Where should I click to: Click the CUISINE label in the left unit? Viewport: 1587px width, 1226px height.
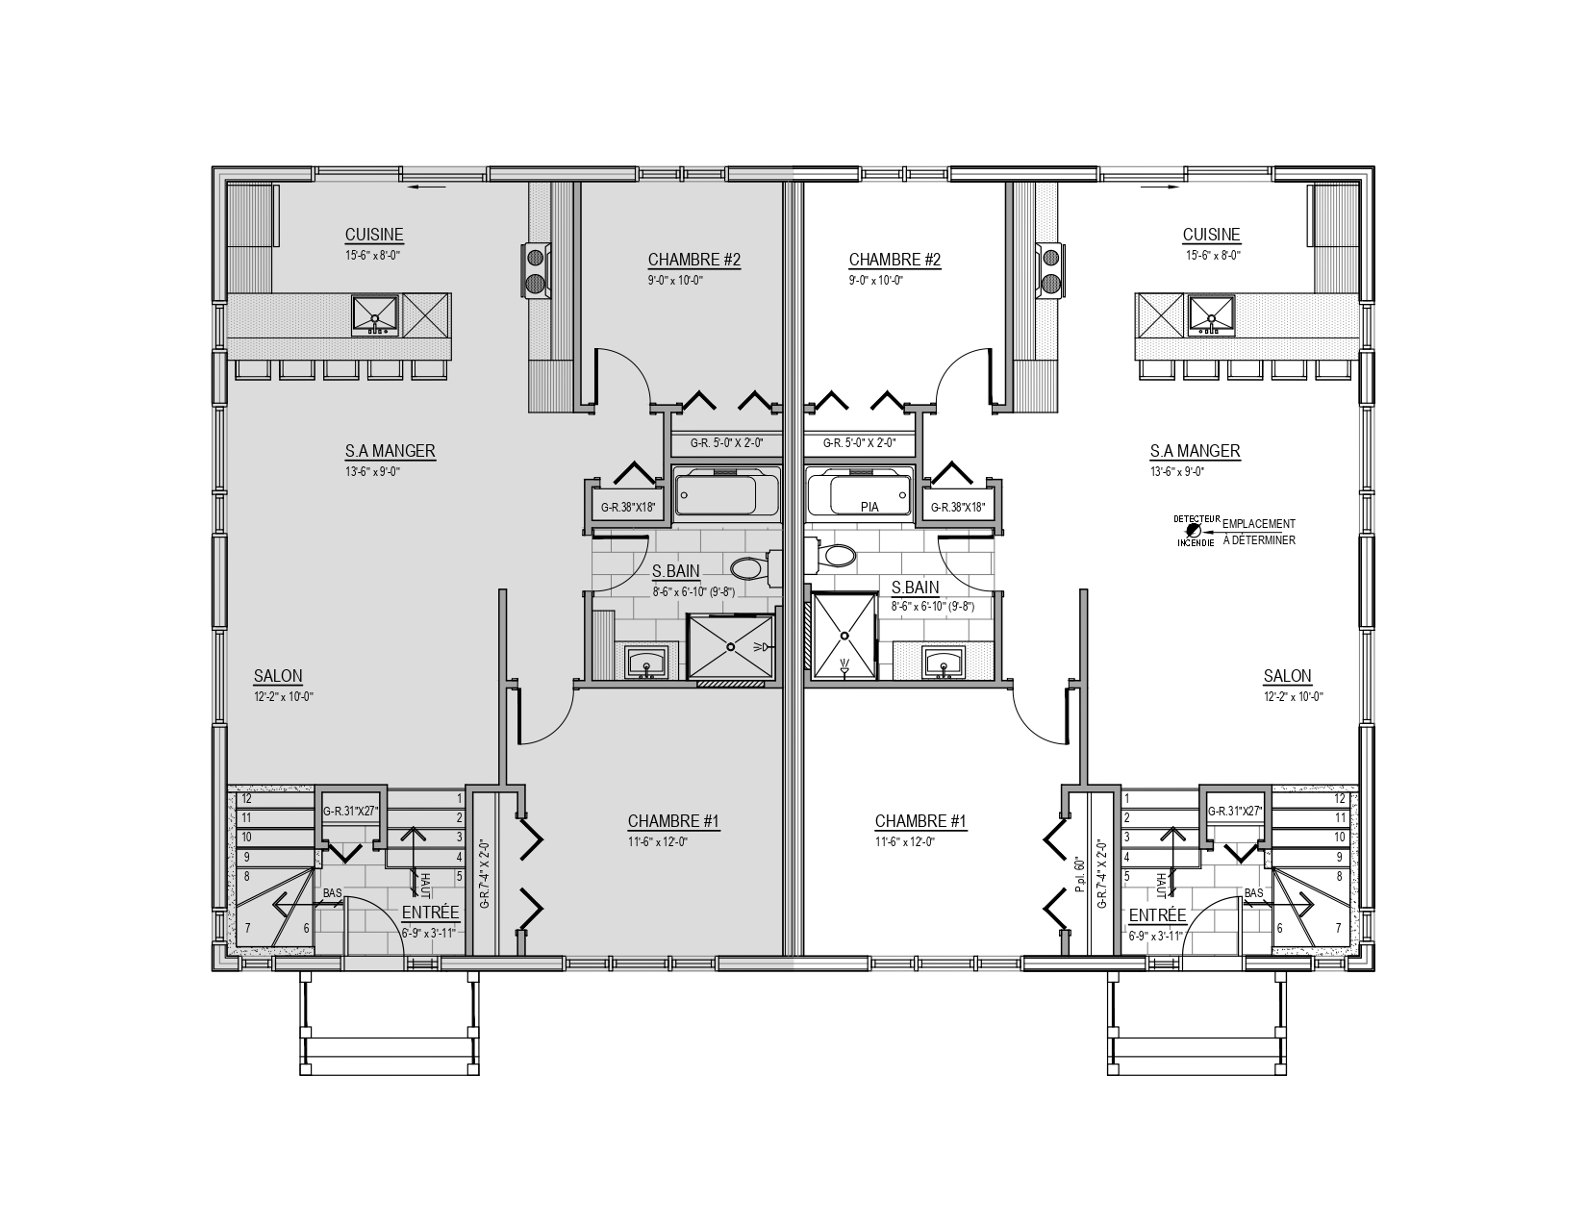pos(374,235)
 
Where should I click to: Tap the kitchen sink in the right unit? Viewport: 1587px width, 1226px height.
pos(1211,315)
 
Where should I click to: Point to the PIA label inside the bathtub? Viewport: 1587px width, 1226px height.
pos(869,507)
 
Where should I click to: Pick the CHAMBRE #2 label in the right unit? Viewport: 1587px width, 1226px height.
pos(894,260)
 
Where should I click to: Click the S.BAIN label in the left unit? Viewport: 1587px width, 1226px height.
pos(676,571)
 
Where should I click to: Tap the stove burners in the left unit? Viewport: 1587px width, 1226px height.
pos(536,270)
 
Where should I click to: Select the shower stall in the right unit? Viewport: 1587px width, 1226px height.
pos(844,636)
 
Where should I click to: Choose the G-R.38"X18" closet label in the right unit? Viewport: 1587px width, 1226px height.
pos(958,507)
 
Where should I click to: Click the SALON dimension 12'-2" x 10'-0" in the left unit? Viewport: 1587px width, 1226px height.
pos(284,696)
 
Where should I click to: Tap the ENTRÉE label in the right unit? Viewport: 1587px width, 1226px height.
pos(1158,915)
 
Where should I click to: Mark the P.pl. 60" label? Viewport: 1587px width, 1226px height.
pos(1079,875)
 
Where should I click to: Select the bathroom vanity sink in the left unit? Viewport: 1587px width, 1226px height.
pos(645,663)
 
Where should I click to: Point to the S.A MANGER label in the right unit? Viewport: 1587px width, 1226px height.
pos(1195,451)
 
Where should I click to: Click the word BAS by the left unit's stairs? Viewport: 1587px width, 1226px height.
pos(332,893)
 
